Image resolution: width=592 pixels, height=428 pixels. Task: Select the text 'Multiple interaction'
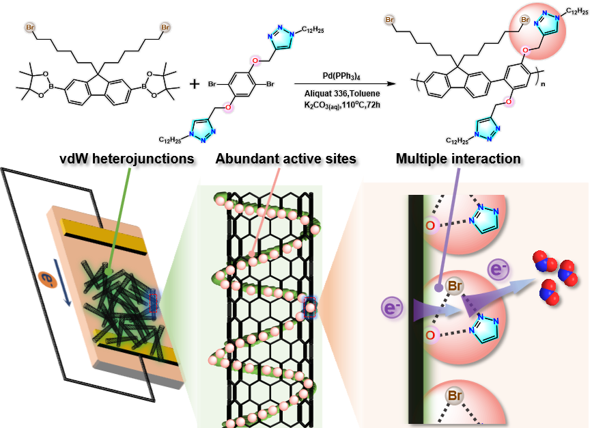click(458, 159)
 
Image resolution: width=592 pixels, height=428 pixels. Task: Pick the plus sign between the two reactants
click(195, 84)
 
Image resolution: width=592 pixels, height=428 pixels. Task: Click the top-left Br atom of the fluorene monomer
click(31, 27)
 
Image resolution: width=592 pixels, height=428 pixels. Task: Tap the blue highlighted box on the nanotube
click(311, 307)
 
